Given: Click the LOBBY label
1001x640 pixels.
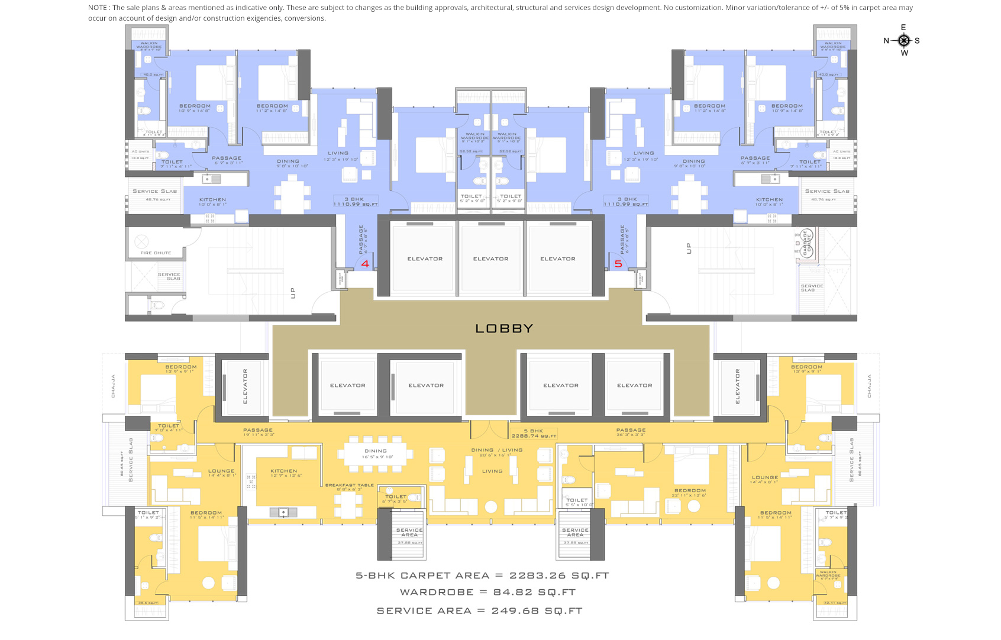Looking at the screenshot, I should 504,329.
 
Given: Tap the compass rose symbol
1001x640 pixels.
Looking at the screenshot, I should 903,40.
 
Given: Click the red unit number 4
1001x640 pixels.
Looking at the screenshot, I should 365,264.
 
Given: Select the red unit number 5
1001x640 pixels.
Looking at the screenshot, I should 618,264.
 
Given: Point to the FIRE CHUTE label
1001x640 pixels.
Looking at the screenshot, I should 156,253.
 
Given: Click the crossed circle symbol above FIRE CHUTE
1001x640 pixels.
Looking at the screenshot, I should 141,241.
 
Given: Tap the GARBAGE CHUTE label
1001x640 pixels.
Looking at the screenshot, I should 806,243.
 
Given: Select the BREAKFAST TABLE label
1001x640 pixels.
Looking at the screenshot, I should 349,485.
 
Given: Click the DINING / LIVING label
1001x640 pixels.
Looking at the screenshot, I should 496,450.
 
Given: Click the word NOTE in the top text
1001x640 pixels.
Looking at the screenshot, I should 98,8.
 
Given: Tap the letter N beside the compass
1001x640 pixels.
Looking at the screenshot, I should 886,41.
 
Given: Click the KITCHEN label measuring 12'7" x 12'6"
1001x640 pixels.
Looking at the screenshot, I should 284,471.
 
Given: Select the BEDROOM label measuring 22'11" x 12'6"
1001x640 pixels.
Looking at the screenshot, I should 690,491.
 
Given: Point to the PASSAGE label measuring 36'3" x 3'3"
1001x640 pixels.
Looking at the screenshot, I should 631,431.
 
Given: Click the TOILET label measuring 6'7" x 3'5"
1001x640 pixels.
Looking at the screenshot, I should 396,497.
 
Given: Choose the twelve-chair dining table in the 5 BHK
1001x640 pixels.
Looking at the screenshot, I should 375,454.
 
